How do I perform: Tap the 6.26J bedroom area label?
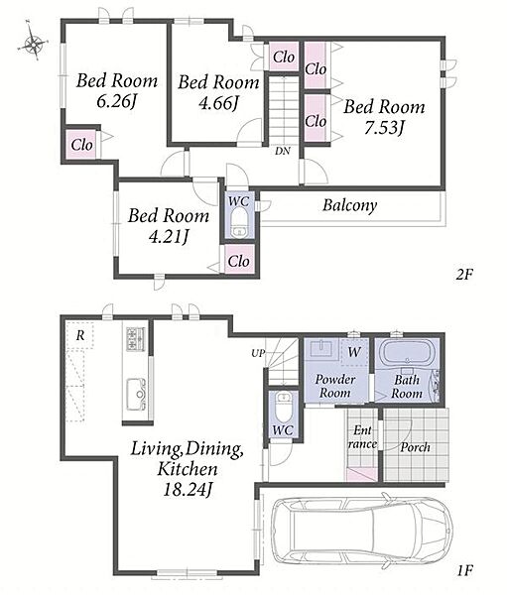(116, 101)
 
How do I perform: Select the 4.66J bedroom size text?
(218, 102)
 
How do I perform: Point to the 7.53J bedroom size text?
(383, 127)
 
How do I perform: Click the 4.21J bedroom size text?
(169, 236)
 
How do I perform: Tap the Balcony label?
(350, 205)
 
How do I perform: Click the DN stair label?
(283, 151)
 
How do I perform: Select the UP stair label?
(258, 353)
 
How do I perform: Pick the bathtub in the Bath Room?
(406, 353)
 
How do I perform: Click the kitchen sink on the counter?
(136, 395)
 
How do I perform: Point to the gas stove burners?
(136, 339)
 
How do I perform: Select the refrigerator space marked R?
(79, 335)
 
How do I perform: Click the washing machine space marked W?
(354, 352)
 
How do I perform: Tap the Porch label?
(415, 447)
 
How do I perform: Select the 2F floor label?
(464, 274)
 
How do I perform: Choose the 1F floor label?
(464, 570)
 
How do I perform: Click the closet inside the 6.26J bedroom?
(82, 145)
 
